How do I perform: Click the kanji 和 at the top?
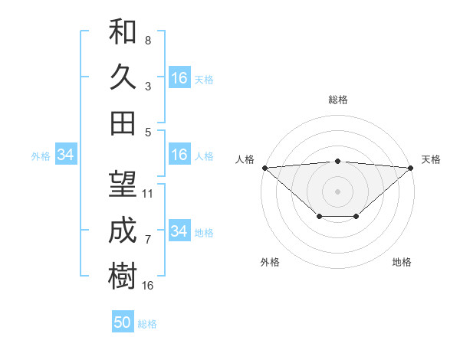coord(123,31)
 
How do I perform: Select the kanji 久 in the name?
coord(123,77)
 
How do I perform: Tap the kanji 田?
coord(123,123)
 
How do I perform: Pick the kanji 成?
coord(123,231)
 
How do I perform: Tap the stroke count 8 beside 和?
coord(147,40)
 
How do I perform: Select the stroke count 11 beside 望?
coord(149,194)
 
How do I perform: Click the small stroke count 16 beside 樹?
coord(149,286)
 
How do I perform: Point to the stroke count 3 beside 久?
coord(147,86)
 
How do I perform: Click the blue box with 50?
coord(123,322)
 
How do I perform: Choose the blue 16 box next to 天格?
coord(179,77)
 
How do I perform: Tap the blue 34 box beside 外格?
coord(66,155)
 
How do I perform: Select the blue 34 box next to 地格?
coord(179,231)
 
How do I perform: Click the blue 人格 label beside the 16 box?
coord(204,155)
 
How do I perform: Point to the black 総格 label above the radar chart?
coord(338,100)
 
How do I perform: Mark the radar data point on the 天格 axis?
coord(412,167)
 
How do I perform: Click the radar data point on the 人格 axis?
coord(264,167)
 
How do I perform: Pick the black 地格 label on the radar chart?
coord(402,262)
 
